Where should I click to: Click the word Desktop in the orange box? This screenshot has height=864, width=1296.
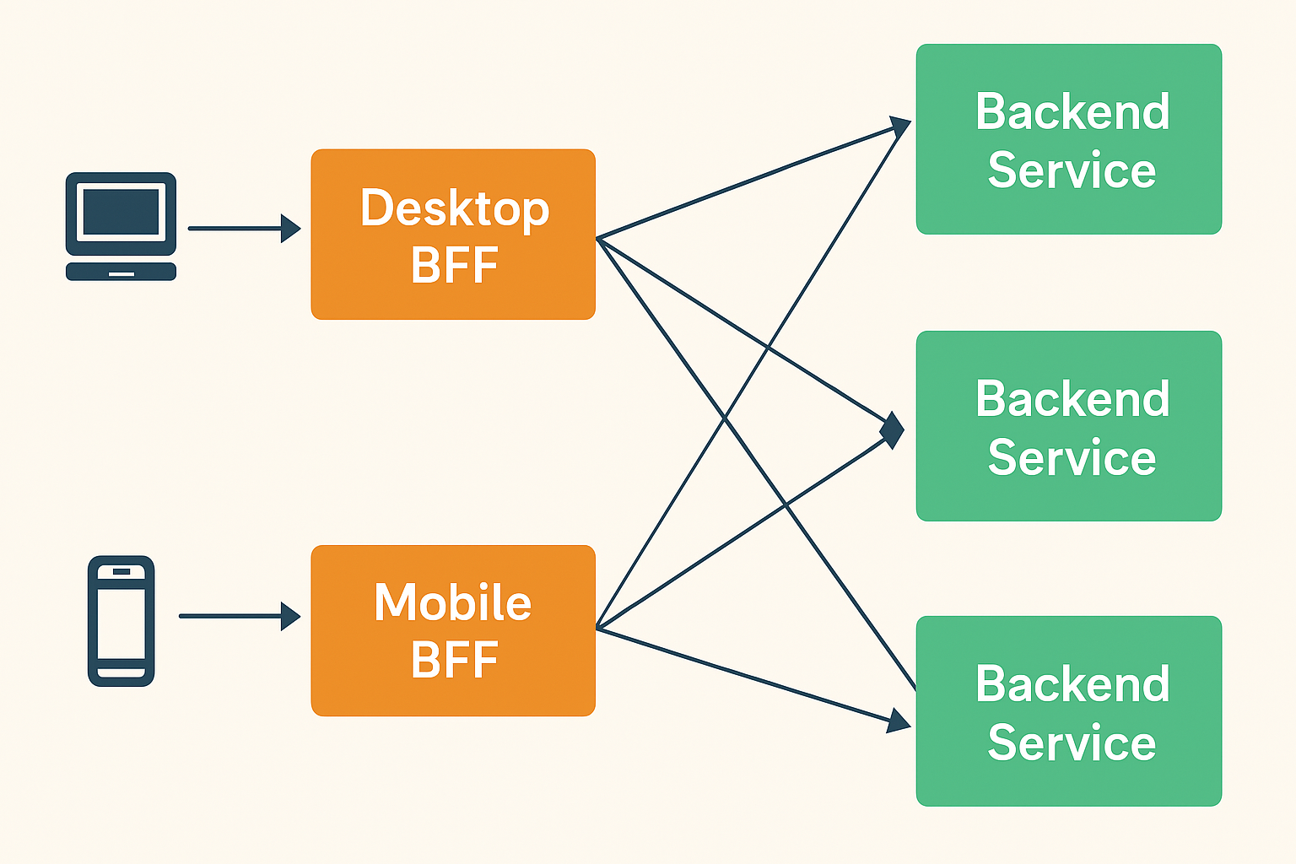coord(454,208)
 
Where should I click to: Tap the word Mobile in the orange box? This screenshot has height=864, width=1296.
coord(453,602)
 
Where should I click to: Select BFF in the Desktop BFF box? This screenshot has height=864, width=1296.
coord(454,265)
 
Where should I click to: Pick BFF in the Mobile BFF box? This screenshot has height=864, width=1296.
coord(454,660)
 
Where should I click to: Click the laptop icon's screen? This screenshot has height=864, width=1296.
coord(121,212)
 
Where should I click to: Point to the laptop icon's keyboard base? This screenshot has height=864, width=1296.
coord(121,272)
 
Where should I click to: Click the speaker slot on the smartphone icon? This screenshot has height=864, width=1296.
coord(121,572)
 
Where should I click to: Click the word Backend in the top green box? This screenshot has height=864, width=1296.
coord(1072,111)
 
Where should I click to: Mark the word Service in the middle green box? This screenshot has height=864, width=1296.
coord(1072,457)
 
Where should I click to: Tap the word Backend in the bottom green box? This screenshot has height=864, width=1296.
coord(1072,683)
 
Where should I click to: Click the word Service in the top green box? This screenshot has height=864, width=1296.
coord(1072,170)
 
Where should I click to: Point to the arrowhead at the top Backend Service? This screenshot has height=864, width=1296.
coord(899,127)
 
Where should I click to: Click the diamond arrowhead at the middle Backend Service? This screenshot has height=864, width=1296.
coord(892,430)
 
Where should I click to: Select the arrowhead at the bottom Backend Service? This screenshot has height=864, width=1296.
coord(899,721)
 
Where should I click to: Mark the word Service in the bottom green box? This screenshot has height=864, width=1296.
coord(1072,742)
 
